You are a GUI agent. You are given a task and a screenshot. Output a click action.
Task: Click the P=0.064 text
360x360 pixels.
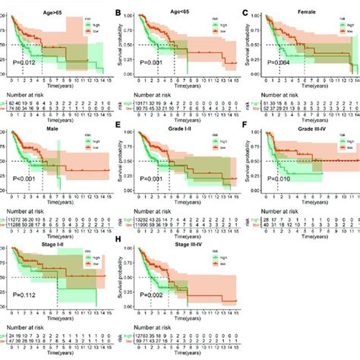point(270,61)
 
